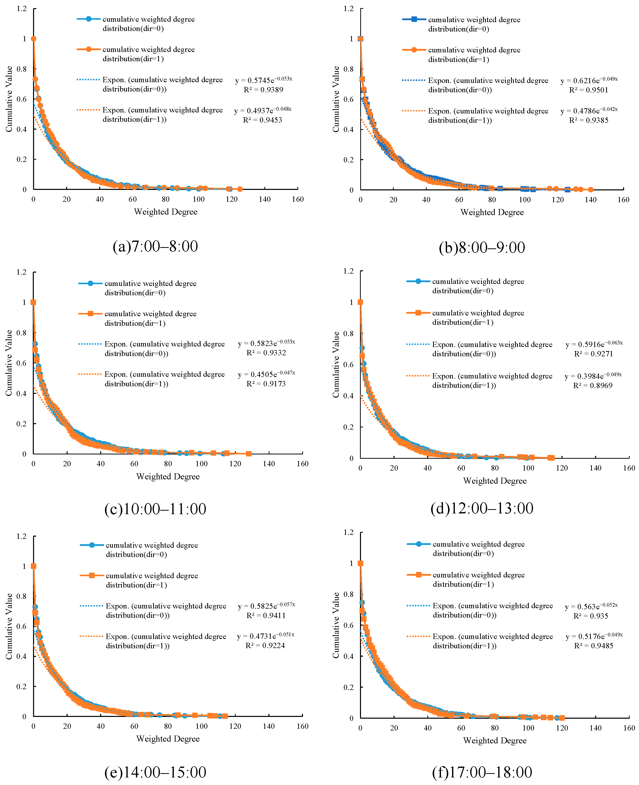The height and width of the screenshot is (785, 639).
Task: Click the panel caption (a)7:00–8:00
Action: tap(155, 246)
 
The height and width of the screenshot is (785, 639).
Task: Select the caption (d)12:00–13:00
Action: tap(482, 508)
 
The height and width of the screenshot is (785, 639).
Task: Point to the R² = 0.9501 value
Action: tap(589, 90)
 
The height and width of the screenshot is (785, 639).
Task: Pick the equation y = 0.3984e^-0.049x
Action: tap(593, 375)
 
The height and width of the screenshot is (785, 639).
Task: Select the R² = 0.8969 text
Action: tap(593, 386)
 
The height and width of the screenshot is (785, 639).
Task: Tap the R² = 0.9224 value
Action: tap(265, 646)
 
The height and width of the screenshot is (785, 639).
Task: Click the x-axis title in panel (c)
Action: tap(168, 476)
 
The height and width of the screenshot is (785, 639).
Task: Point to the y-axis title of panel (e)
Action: tap(9, 626)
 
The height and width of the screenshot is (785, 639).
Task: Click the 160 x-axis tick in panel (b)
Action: tap(623, 200)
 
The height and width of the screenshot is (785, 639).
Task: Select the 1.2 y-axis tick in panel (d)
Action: tap(348, 271)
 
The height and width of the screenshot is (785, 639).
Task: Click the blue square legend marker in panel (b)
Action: tap(414, 19)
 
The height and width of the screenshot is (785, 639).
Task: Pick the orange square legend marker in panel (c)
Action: tap(90, 313)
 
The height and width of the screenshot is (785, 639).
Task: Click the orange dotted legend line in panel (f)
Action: tap(418, 636)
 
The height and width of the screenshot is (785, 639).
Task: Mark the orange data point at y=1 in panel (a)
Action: tap(34, 39)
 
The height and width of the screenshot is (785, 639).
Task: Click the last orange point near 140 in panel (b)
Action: tap(590, 190)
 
